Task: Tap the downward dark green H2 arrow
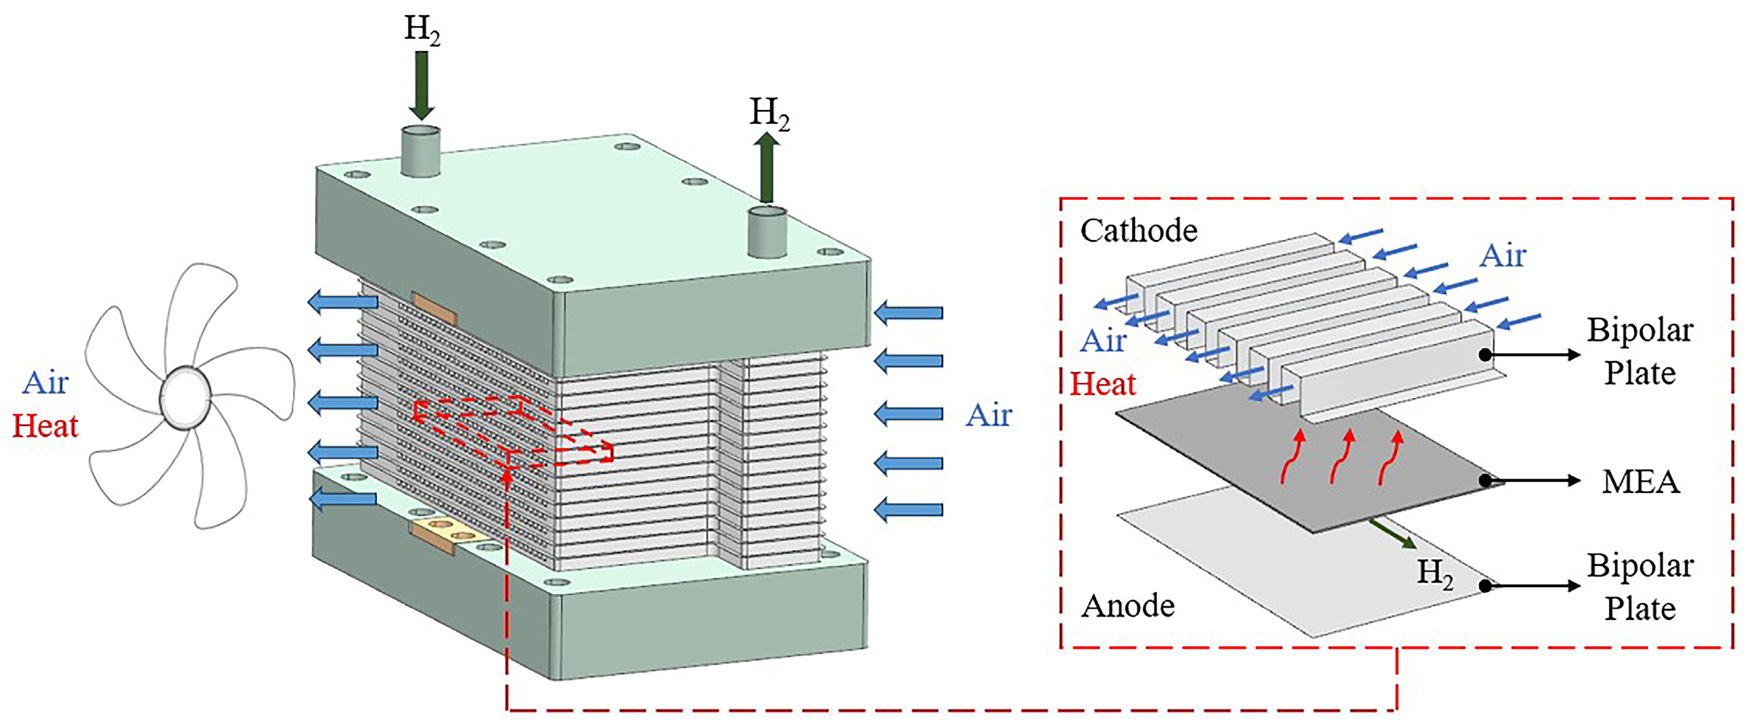pyautogui.click(x=421, y=85)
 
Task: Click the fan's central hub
pyautogui.click(x=184, y=397)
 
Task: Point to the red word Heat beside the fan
pyautogui.click(x=45, y=426)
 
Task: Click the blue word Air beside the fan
pyautogui.click(x=45, y=383)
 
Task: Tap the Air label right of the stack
pyautogui.click(x=988, y=415)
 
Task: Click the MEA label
pyautogui.click(x=1640, y=482)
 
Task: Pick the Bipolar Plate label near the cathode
pyautogui.click(x=1639, y=352)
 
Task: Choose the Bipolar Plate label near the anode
pyautogui.click(x=1639, y=587)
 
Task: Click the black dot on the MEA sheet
pyautogui.click(x=1485, y=481)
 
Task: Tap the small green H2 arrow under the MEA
pyautogui.click(x=1392, y=534)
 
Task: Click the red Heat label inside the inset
pyautogui.click(x=1103, y=385)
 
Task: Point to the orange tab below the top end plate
pyautogui.click(x=434, y=309)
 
